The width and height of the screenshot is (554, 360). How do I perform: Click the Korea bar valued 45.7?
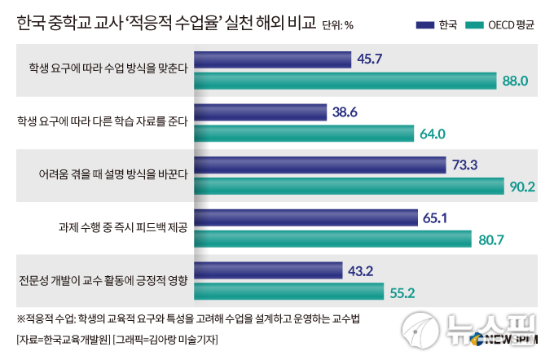273,59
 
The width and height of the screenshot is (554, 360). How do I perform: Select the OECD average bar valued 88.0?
346,80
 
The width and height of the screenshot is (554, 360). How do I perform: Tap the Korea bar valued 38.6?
261,112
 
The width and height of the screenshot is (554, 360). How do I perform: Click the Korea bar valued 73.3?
321,165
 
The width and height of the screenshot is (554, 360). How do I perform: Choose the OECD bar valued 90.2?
350,187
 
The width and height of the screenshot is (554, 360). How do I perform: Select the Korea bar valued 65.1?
307,217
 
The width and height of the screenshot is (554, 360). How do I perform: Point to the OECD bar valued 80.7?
333,239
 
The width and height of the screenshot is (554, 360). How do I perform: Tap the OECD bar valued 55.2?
289,292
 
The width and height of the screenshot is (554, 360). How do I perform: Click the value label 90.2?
521,187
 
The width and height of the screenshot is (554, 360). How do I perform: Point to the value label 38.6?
347,112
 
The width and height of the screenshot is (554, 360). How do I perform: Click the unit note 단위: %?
337,25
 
